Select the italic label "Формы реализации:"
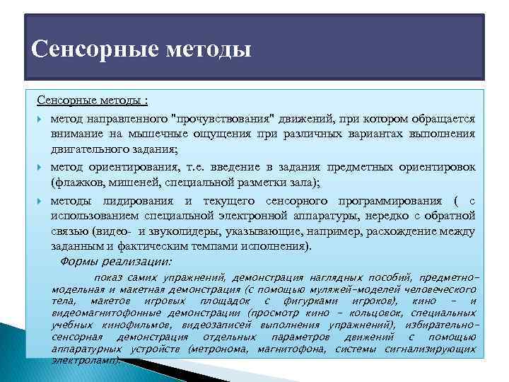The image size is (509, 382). click(x=117, y=262)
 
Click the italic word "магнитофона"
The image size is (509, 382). click(x=290, y=349)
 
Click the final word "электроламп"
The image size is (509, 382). click(x=85, y=360)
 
